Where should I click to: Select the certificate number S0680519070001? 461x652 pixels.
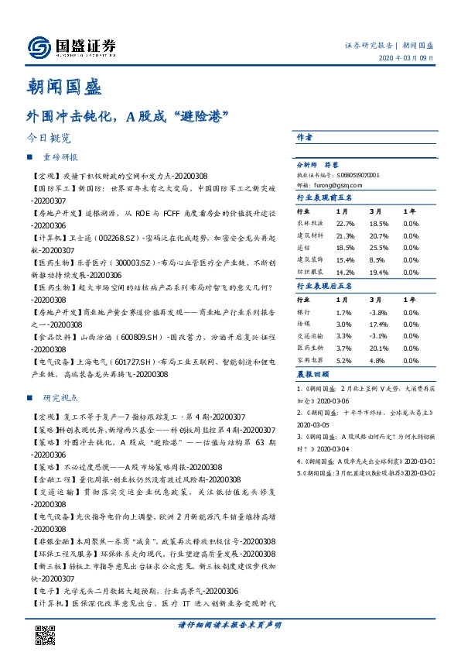[x=357, y=176]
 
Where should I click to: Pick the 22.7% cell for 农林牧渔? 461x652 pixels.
[x=345, y=223]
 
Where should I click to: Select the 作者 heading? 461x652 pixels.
[x=305, y=136]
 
